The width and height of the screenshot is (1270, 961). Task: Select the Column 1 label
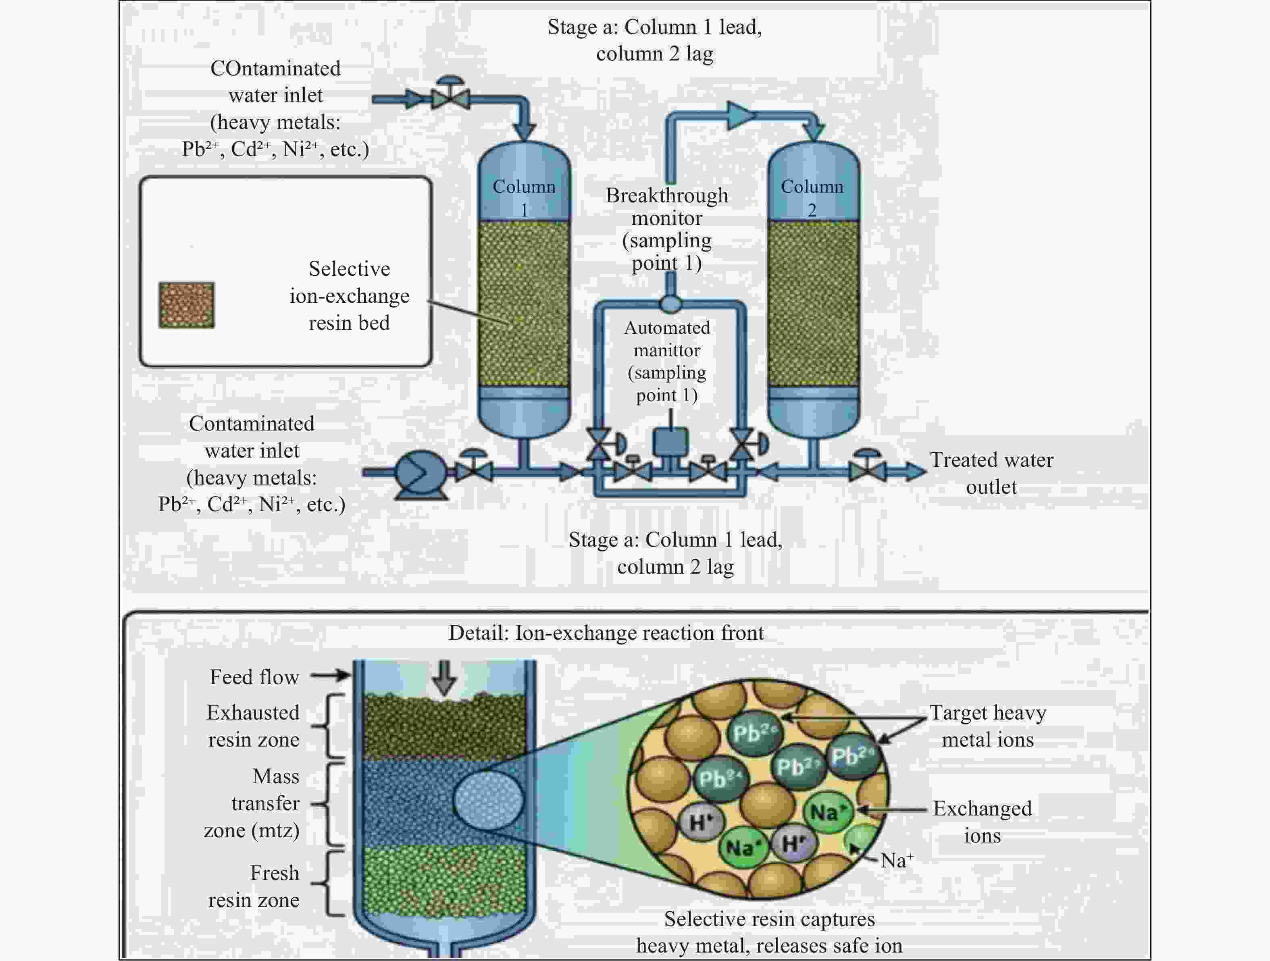[524, 198]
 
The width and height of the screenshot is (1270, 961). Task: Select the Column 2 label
[812, 198]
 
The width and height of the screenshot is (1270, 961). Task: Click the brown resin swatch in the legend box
[187, 305]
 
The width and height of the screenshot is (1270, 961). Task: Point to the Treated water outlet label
[991, 473]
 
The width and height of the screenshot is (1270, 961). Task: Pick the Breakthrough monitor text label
[667, 229]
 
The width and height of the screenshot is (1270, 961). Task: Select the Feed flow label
[254, 677]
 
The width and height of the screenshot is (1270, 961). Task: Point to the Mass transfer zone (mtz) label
[252, 803]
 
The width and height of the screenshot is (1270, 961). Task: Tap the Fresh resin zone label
[254, 886]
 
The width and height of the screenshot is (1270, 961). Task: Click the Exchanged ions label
[983, 822]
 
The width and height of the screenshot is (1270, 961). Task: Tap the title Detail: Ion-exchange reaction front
[606, 632]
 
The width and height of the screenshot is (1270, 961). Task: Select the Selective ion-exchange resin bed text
[350, 295]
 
